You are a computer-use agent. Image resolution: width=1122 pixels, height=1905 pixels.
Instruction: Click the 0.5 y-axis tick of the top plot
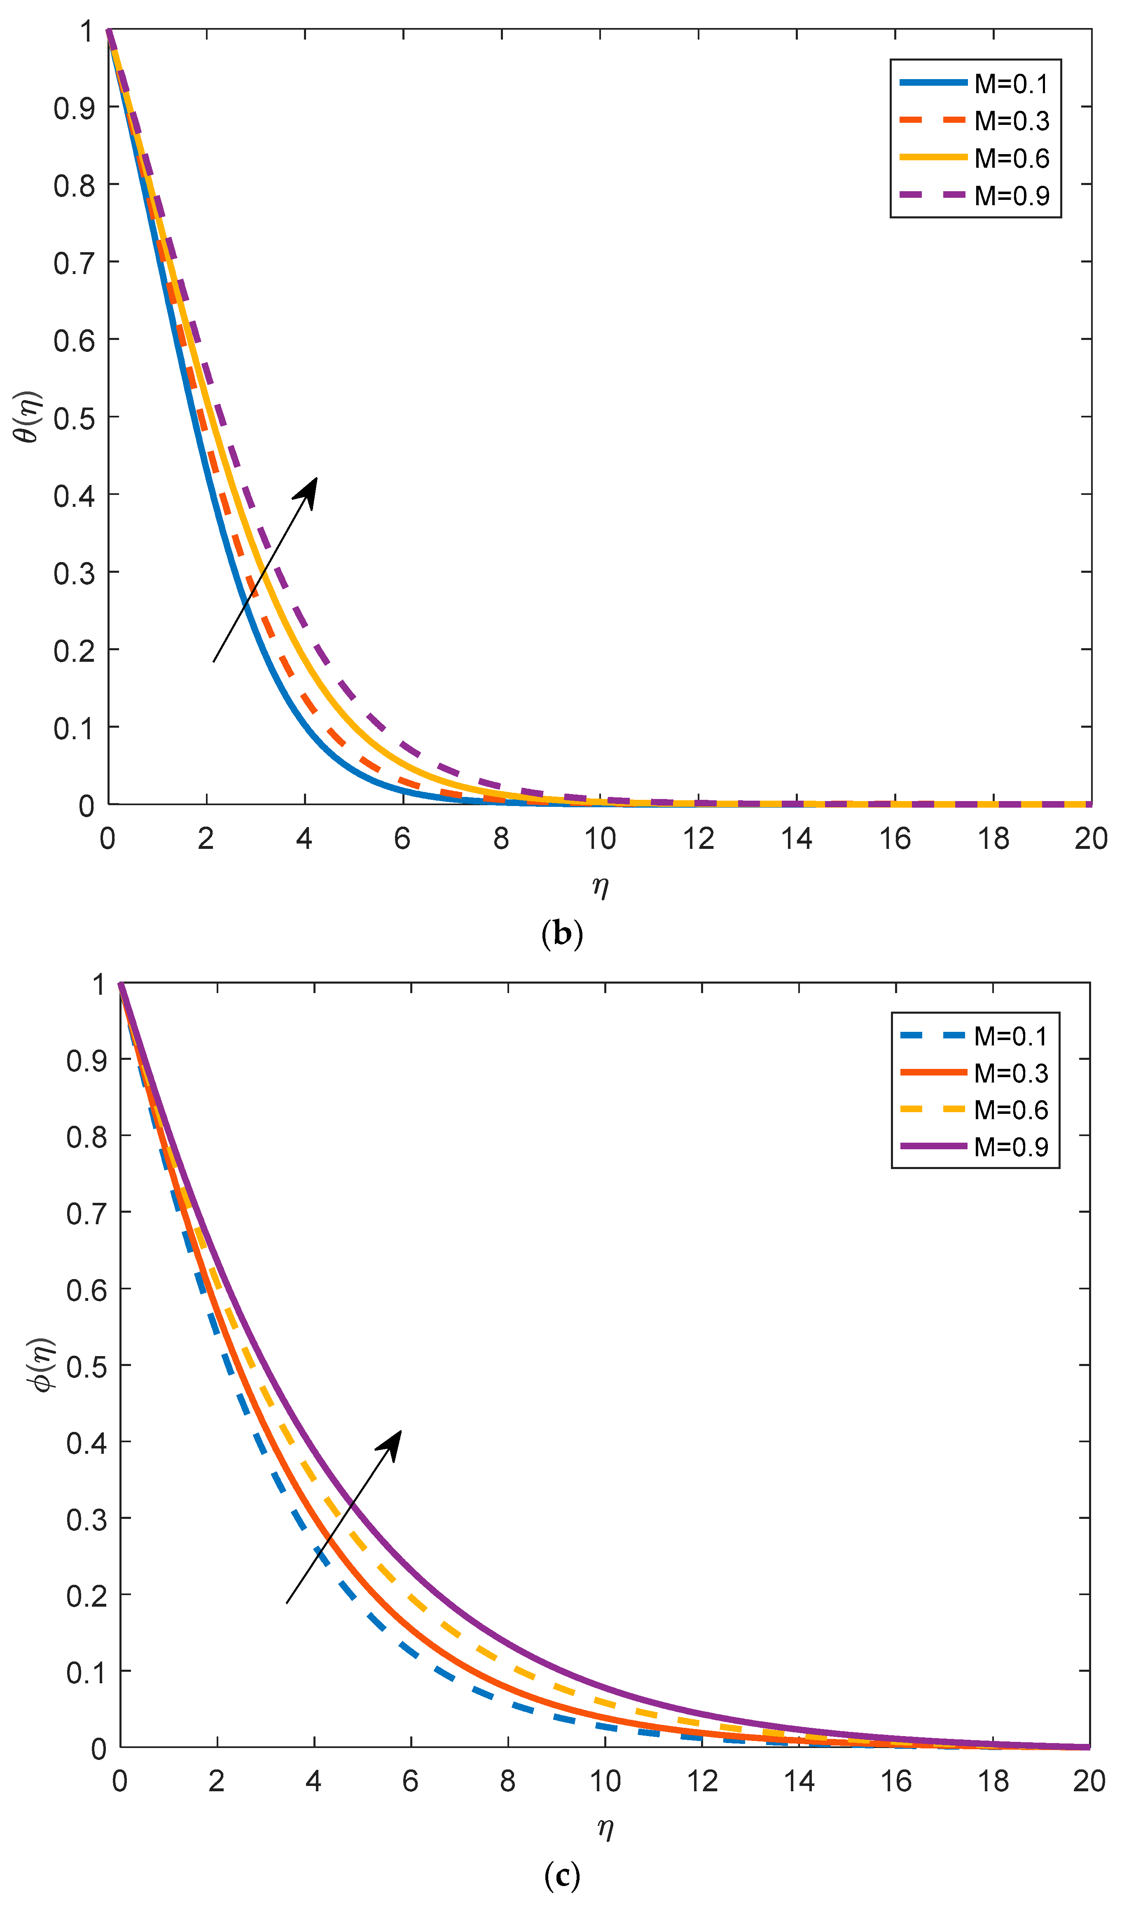tap(74, 418)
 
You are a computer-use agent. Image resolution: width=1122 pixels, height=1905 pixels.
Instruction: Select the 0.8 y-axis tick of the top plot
tap(74, 185)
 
